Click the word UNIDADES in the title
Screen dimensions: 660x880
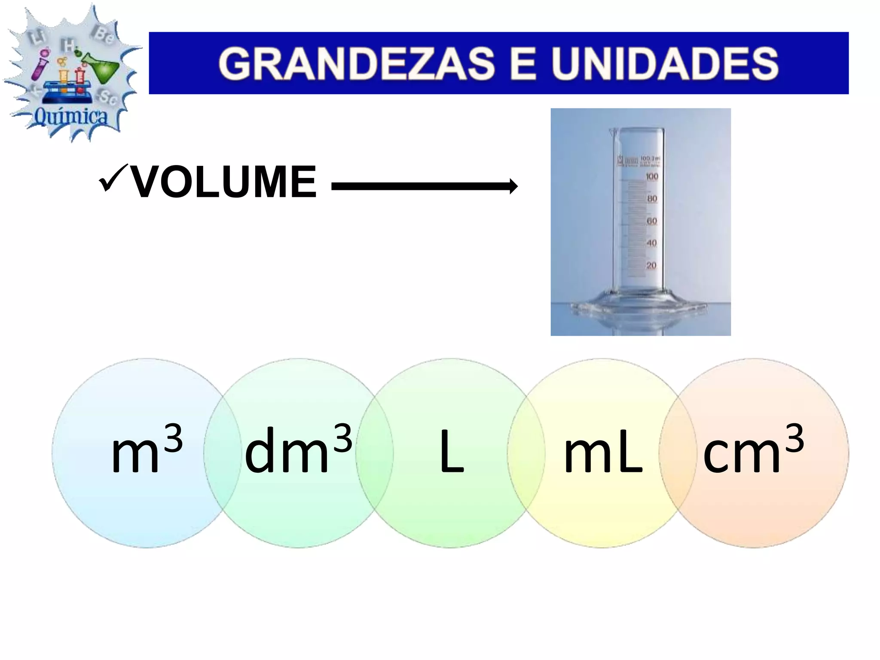coord(665,64)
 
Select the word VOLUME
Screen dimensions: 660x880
coord(223,183)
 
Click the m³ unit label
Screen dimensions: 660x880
coord(147,450)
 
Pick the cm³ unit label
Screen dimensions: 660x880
coord(753,450)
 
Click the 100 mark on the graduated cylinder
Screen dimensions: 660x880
coord(652,177)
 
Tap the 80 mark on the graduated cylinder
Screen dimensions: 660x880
coord(652,199)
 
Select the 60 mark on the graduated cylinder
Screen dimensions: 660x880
coord(652,221)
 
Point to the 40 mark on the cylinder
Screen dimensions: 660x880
coord(652,243)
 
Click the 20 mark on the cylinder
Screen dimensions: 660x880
coord(651,266)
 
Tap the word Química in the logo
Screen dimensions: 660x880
coord(71,116)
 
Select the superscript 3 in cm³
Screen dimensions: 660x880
coord(794,437)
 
